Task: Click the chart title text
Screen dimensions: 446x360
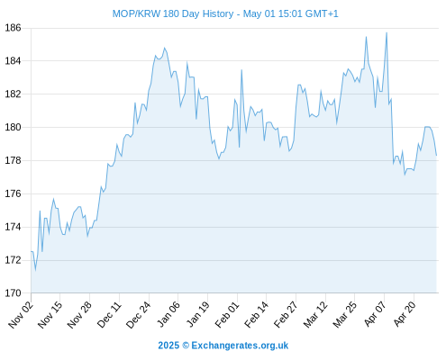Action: tap(225, 13)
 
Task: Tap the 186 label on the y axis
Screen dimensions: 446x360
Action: tap(14, 28)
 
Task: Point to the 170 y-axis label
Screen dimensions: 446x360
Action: tap(14, 293)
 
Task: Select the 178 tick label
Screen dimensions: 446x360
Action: tap(14, 160)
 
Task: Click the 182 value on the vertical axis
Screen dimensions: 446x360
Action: tap(14, 94)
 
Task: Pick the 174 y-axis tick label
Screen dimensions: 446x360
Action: tap(14, 227)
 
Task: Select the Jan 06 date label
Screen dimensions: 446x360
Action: tap(168, 314)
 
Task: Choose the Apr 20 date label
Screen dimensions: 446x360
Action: tap(405, 314)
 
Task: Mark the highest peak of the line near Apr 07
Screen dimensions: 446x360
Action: tap(387, 32)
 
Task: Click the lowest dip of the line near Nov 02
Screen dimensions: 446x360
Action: tap(35, 270)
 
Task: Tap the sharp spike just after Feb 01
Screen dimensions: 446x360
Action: tap(241, 70)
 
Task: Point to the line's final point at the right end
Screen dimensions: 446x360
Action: tap(436, 155)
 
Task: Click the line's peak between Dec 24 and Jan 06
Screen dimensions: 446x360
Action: tap(164, 48)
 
